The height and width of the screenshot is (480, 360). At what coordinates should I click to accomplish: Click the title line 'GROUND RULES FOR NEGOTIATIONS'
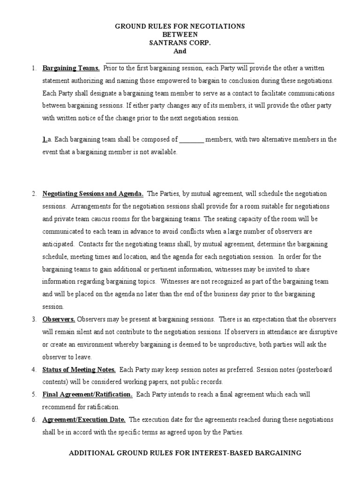tap(180, 27)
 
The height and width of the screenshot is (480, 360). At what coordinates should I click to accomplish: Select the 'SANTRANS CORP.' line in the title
tap(180, 43)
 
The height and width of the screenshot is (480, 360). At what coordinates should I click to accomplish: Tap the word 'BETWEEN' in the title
tap(180, 35)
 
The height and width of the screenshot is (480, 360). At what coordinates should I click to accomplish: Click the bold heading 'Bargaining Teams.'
tap(71, 68)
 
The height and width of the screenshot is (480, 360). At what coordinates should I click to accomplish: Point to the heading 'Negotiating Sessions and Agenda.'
tap(93, 194)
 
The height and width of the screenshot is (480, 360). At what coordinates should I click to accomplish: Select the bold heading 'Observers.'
tap(59, 319)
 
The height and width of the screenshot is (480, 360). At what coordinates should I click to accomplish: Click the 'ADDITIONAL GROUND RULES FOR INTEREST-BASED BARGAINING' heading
tap(185, 453)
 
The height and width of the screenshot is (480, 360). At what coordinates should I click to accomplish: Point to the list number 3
tap(34, 319)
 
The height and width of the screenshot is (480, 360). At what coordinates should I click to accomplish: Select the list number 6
tap(34, 420)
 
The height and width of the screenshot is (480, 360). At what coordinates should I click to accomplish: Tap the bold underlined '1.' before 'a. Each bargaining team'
tap(45, 140)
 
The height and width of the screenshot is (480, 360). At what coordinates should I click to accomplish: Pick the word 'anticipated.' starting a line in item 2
tap(59, 244)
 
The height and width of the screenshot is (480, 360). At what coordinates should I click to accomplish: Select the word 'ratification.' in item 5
tap(102, 407)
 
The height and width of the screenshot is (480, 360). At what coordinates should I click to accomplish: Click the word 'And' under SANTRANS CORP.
tap(180, 52)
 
